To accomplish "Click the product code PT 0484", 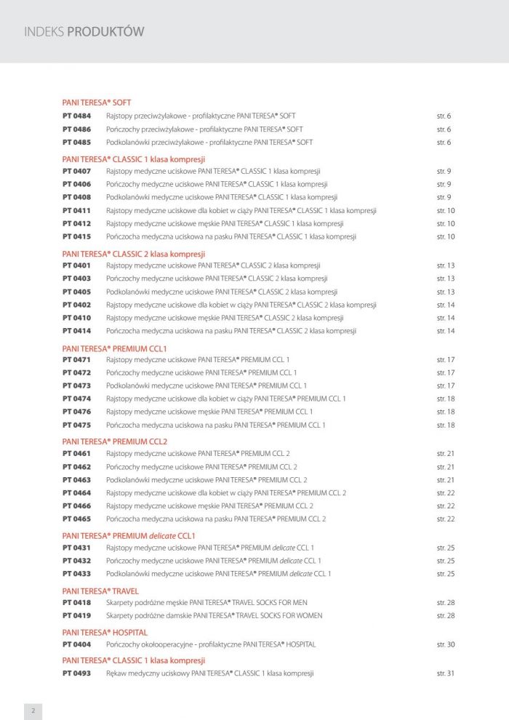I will (x=76, y=116).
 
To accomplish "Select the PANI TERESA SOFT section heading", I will (x=97, y=103).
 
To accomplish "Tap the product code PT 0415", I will (x=76, y=236).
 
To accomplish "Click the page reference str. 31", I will (x=445, y=673).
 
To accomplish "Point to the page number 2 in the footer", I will (x=33, y=711).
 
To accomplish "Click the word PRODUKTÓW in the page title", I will (x=105, y=31).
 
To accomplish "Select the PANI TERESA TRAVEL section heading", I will (x=100, y=591).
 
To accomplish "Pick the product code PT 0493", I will (x=76, y=673).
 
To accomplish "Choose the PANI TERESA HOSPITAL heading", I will (x=105, y=633).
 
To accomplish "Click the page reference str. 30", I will (x=445, y=644).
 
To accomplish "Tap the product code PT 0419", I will (x=76, y=615).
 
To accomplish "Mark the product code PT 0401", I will (x=76, y=265).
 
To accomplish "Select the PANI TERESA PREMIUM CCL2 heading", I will (x=115, y=441).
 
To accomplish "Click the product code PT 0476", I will (x=76, y=412).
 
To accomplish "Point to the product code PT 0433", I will (x=76, y=574).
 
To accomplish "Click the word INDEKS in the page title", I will (x=44, y=31).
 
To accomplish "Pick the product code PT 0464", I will (x=76, y=493).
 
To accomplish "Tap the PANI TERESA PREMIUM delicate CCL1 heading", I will (x=129, y=535).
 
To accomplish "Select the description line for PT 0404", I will (x=211, y=644).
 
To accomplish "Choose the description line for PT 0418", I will (x=207, y=603).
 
